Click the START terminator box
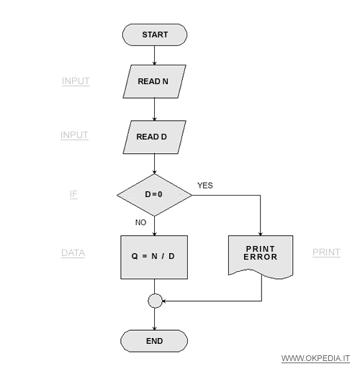coord(155,35)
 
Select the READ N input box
coord(155,81)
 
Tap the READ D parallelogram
coord(155,137)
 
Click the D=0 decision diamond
coord(155,195)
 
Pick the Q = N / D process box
coord(154,257)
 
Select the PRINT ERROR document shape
coord(261,257)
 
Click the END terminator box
coord(154,341)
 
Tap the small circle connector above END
coord(155,301)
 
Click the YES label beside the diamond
coord(205,186)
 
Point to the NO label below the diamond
coord(140,222)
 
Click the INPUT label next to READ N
coord(76,81)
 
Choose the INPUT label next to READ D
coord(74,135)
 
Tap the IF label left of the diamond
coord(73,194)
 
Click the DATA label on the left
coord(73,253)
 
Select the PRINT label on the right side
coord(326,252)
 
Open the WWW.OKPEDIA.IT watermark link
coord(315,358)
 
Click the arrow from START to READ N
coord(155,55)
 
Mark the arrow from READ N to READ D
coord(155,109)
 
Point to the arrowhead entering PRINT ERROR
coord(261,234)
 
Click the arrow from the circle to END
coord(155,319)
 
